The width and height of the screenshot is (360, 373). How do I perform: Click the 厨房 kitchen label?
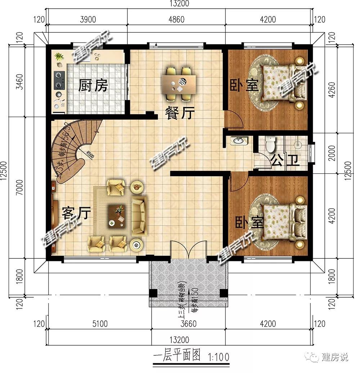pyautogui.click(x=93, y=86)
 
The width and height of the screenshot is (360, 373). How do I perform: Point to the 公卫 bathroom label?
pyautogui.click(x=285, y=160)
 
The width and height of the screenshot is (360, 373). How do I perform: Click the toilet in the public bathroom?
pyautogui.click(x=270, y=144)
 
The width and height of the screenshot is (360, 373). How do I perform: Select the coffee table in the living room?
pyautogui.click(x=118, y=216)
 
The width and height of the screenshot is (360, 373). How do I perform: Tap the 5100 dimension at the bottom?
pyautogui.click(x=99, y=324)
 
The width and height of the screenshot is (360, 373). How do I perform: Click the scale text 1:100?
pyautogui.click(x=218, y=358)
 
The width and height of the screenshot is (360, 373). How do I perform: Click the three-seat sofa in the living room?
pyautogui.click(x=139, y=215)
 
